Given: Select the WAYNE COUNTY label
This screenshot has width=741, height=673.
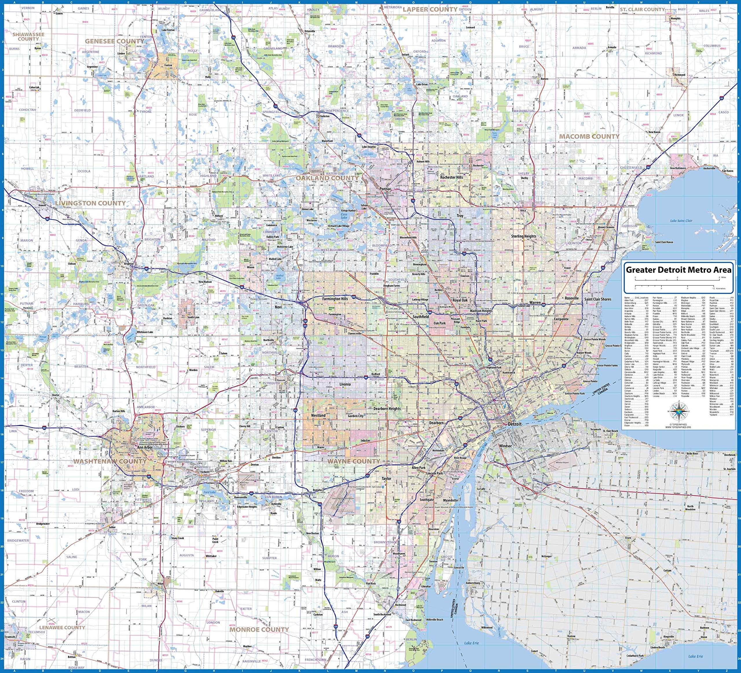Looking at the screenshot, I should [354, 461].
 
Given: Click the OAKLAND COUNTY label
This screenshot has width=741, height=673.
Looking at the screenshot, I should [327, 178].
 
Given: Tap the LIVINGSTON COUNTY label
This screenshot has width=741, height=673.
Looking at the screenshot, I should [90, 203].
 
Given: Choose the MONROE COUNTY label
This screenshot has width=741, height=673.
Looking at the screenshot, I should [259, 630].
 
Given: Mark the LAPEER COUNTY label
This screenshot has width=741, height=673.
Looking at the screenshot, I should [430, 9].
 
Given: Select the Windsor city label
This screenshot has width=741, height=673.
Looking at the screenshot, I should [505, 446].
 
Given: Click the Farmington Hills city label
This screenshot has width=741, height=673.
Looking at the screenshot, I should [335, 299].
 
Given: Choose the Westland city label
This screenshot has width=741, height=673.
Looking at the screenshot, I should [318, 415].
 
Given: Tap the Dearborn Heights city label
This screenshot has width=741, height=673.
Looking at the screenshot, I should [387, 409].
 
